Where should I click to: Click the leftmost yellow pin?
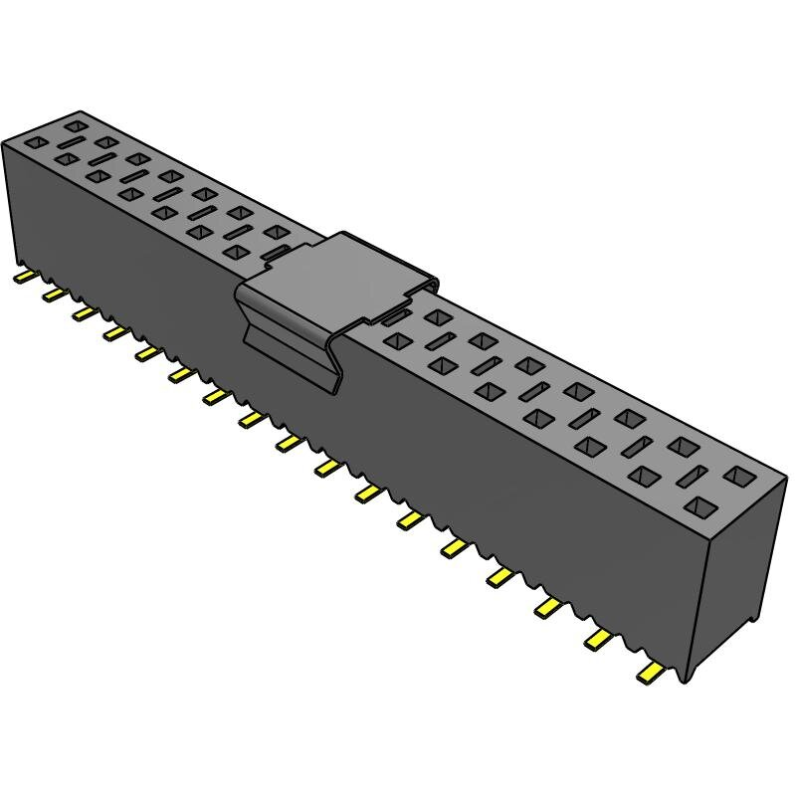coord(24,277)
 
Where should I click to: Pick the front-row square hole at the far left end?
coord(36,143)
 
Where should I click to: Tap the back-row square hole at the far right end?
coord(739,476)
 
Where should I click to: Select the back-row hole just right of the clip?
coord(435,317)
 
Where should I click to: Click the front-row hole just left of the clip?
coord(235,253)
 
